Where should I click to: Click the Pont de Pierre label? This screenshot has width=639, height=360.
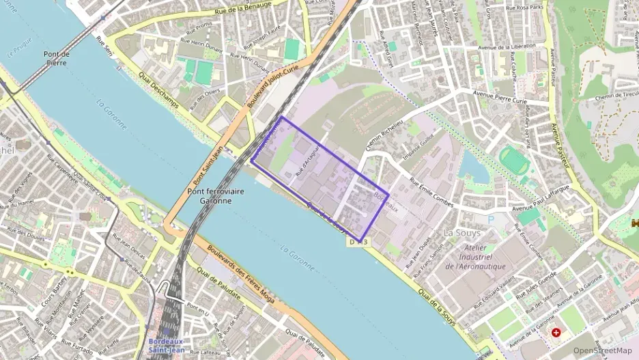coord(57,59)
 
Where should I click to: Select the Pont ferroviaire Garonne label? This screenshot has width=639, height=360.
coord(216,196)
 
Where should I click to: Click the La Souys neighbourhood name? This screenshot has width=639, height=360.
coord(458,232)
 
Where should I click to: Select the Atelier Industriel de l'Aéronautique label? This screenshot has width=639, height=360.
coord(475,257)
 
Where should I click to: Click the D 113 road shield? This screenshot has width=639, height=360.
coord(358,242)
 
